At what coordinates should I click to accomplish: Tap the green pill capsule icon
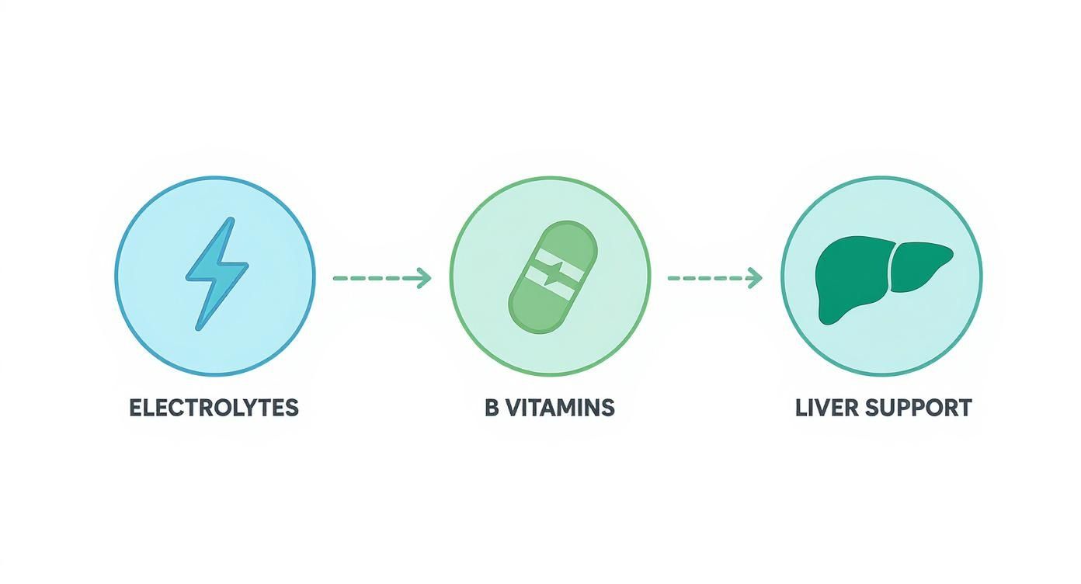pyautogui.click(x=553, y=277)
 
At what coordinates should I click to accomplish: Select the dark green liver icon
pyautogui.click(x=883, y=280)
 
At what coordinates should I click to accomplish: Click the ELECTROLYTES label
pyautogui.click(x=214, y=408)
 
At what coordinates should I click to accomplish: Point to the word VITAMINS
pyautogui.click(x=561, y=408)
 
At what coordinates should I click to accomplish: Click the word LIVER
pyautogui.click(x=827, y=408)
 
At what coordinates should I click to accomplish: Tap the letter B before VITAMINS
pyautogui.click(x=492, y=408)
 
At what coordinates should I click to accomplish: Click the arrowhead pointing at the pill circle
pyautogui.click(x=424, y=278)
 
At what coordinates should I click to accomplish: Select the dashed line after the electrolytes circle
pyautogui.click(x=375, y=278)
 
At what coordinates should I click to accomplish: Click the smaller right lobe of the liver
pyautogui.click(x=919, y=267)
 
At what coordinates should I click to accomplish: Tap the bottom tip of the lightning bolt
pyautogui.click(x=197, y=328)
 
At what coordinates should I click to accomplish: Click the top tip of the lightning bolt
pyautogui.click(x=231, y=220)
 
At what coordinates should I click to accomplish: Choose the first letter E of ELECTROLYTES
pyautogui.click(x=137, y=408)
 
